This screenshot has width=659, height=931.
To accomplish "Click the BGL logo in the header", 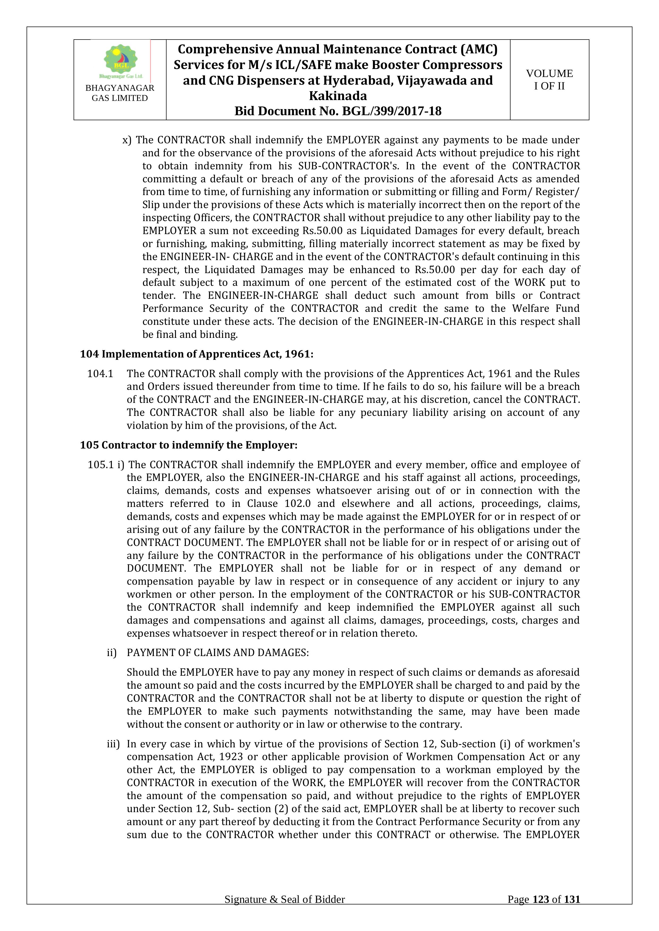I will [x=121, y=61].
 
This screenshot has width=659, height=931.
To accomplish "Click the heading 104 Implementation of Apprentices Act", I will [x=196, y=354].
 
